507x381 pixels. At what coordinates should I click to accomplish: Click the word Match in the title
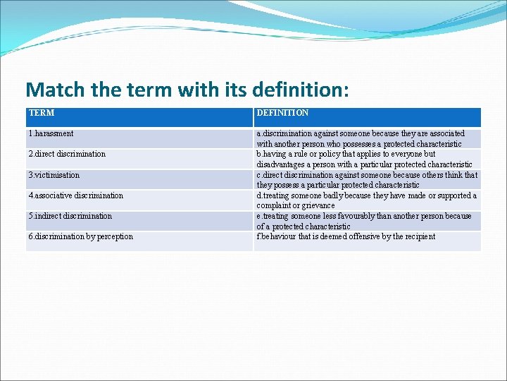(x=54, y=90)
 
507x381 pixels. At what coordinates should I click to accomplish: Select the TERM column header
(x=42, y=113)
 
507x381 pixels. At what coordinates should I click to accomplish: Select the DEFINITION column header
(x=282, y=113)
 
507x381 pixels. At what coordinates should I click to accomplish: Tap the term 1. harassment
(x=51, y=133)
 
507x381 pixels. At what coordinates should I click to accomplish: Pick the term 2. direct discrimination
(x=67, y=154)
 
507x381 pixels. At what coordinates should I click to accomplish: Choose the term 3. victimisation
(x=54, y=175)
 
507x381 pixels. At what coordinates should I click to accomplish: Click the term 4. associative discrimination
(x=75, y=195)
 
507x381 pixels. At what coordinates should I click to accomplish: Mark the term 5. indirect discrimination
(x=70, y=216)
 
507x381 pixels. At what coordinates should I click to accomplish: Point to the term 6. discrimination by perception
(x=80, y=236)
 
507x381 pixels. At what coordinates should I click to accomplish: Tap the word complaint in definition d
(x=273, y=206)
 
